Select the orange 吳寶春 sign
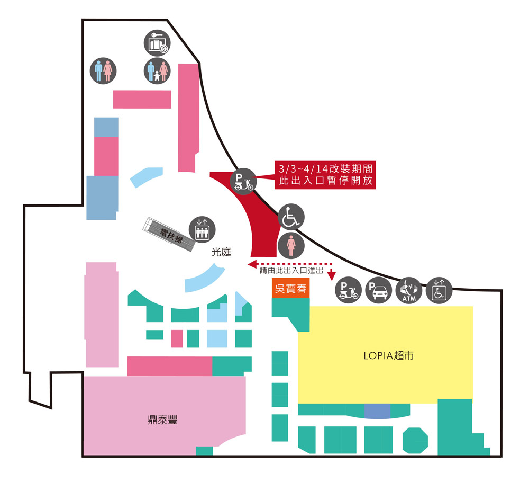pos(290,289)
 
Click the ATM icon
pos(409,291)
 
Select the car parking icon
pos(379,291)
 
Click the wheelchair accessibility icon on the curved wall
pos(291,217)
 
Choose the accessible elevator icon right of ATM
pos(440,291)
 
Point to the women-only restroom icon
pos(291,246)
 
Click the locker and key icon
pos(157,43)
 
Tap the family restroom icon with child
pos(157,71)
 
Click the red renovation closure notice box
pos(326,175)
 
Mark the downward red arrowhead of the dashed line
pos(332,275)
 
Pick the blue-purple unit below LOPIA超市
pos(377,410)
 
